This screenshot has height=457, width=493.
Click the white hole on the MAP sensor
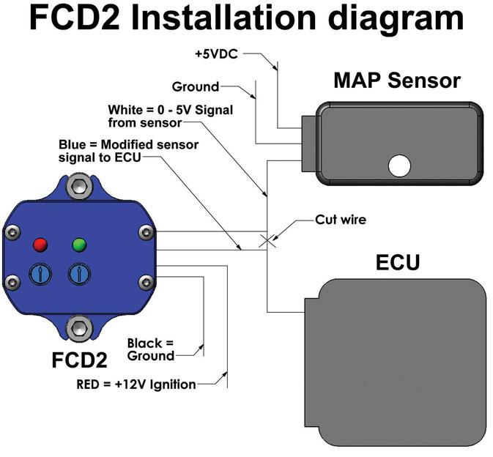pos(399,166)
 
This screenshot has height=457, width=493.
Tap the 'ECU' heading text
pos(398,261)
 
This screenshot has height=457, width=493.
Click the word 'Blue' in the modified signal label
pos(73,144)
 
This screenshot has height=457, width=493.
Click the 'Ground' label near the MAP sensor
pos(196,86)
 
